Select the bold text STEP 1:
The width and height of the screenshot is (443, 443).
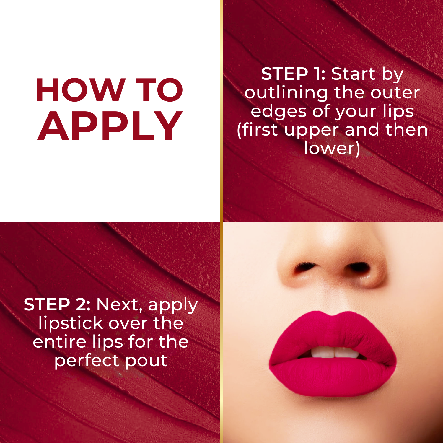click(293, 74)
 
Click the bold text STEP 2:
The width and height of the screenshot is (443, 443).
click(57, 304)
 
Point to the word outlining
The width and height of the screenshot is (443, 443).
click(286, 93)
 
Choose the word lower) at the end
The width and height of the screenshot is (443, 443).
click(332, 148)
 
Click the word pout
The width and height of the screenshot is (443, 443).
click(146, 361)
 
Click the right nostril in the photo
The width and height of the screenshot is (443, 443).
click(359, 268)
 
